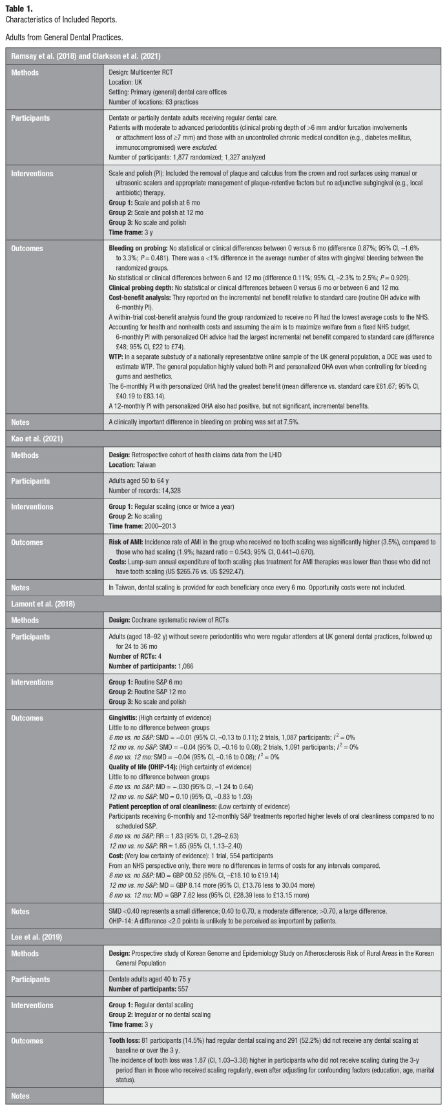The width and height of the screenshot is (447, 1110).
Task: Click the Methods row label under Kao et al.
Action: tap(26, 455)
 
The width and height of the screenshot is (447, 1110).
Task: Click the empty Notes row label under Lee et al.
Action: tap(22, 1096)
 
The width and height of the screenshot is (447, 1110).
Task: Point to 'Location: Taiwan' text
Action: tap(132, 464)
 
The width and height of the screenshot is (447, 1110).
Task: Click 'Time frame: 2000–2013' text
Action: tap(142, 524)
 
